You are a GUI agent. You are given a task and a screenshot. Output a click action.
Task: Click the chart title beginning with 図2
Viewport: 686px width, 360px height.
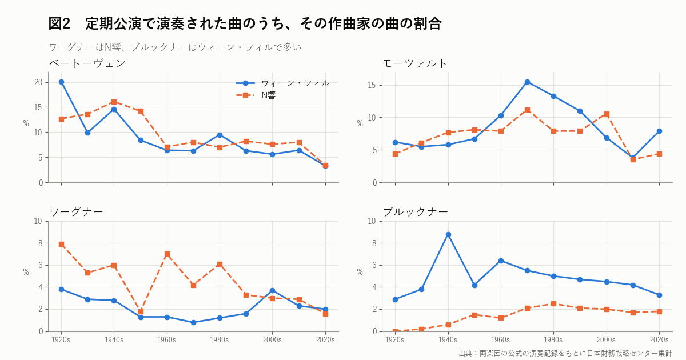[x=245, y=23]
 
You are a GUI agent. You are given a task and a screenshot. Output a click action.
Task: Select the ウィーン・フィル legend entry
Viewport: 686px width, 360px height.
[x=282, y=83]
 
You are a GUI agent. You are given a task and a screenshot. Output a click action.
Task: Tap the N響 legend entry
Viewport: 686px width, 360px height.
[x=256, y=95]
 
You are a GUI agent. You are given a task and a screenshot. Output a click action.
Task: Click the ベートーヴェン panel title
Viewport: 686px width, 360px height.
[x=87, y=63]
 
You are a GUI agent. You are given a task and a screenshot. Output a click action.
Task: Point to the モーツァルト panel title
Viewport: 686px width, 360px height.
[x=414, y=63]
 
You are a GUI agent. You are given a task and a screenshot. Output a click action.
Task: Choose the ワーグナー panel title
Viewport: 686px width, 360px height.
[x=76, y=212]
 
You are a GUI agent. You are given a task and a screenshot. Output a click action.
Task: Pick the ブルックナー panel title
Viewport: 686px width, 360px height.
[x=415, y=212]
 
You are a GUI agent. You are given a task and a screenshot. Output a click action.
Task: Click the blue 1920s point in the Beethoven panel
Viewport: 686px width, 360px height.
[x=61, y=82]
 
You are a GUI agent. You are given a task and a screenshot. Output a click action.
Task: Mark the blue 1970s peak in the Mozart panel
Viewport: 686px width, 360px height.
[x=527, y=82]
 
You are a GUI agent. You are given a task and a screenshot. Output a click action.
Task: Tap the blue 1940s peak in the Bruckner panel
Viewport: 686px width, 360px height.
[x=448, y=235]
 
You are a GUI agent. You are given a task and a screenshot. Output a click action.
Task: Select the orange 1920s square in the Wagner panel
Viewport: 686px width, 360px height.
[x=61, y=245]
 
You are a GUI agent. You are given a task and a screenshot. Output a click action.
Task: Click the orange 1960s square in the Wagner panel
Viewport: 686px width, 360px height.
[x=167, y=254]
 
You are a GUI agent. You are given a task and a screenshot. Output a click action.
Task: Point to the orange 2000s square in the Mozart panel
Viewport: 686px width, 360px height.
[x=607, y=114]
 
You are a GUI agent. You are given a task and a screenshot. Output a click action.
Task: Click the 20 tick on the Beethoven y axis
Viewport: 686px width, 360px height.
[x=38, y=82]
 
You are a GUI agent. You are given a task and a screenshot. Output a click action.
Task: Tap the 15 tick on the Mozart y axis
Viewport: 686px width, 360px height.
[x=372, y=85]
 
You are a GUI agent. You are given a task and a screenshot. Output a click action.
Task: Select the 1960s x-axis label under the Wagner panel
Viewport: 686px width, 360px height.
[x=167, y=340]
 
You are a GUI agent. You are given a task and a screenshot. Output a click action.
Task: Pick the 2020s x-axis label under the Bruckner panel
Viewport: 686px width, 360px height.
[x=659, y=340]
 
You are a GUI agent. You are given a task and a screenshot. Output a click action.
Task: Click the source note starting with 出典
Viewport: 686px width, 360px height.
[x=565, y=353]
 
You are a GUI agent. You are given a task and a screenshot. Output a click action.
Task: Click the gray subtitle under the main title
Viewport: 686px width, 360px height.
[x=175, y=47]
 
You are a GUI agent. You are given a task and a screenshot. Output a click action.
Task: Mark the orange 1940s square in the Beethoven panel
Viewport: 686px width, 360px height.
[x=114, y=102]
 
